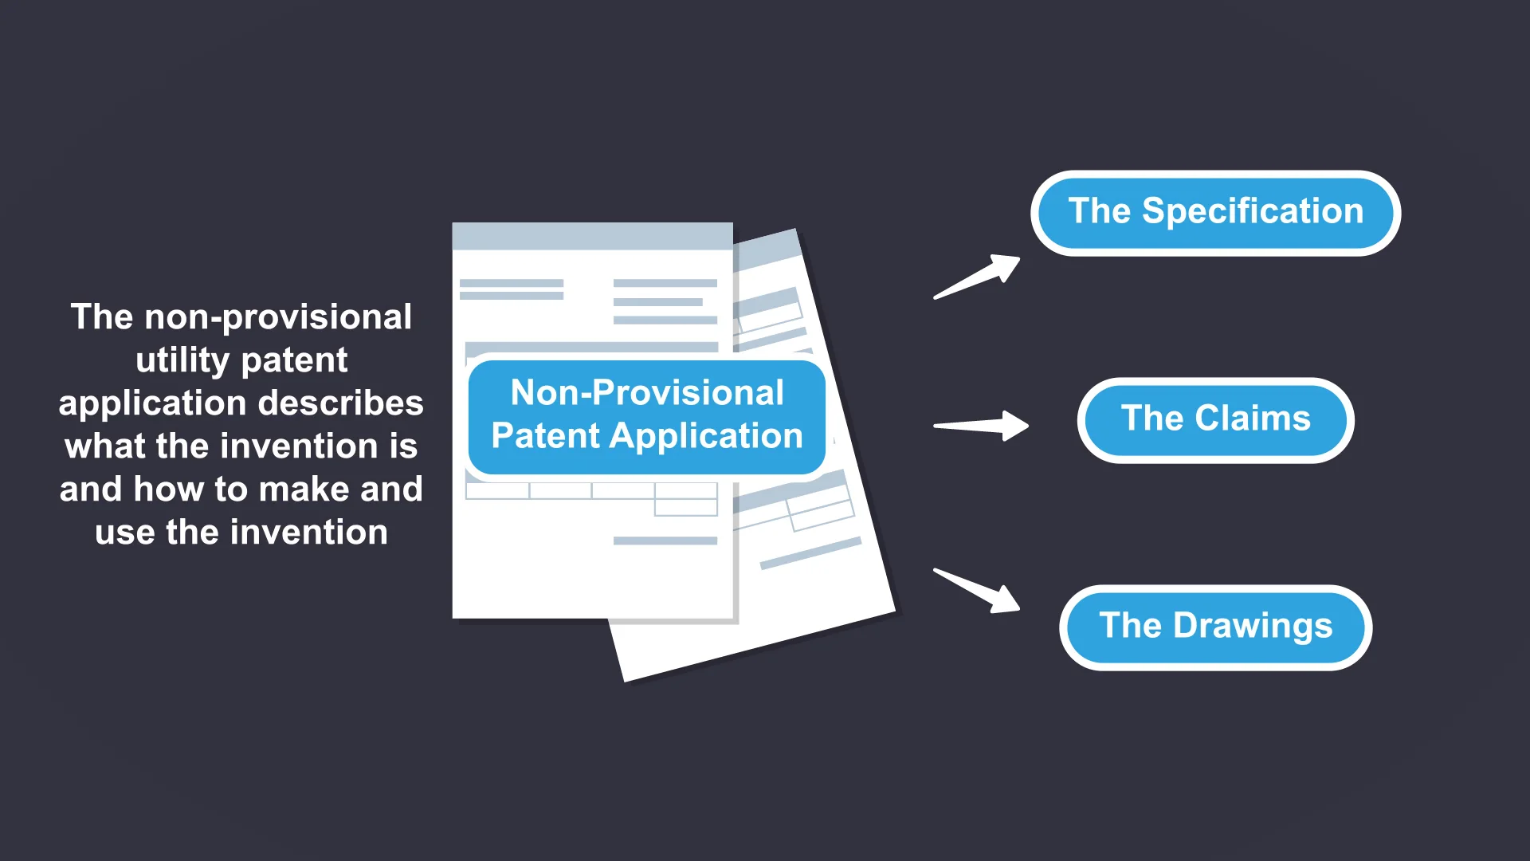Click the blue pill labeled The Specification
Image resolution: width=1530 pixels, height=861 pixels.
point(1215,213)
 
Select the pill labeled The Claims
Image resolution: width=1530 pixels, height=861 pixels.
point(1215,419)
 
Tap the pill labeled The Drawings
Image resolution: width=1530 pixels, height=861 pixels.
point(1215,627)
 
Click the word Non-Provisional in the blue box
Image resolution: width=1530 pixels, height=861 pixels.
point(647,393)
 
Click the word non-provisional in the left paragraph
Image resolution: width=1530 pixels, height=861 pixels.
point(277,317)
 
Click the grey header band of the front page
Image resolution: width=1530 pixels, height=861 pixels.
point(592,236)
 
